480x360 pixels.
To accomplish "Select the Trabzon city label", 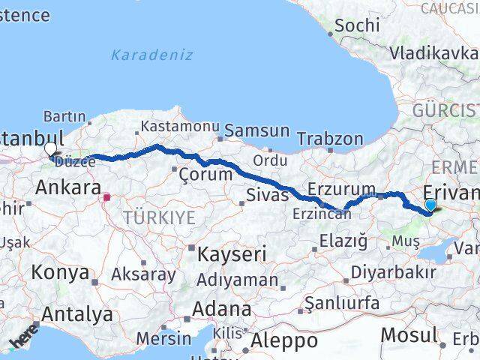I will click(x=330, y=139).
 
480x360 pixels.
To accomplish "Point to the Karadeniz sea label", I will click(x=151, y=55).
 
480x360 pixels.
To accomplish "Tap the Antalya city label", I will click(x=78, y=314).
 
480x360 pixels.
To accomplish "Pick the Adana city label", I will click(x=221, y=308).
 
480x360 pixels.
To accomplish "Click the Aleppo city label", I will click(x=284, y=340).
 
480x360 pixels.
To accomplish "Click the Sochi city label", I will click(x=358, y=25).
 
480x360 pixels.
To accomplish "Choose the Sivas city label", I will click(x=268, y=196).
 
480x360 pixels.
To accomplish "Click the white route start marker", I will click(x=50, y=148).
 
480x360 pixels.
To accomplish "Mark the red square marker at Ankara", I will click(x=106, y=198).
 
